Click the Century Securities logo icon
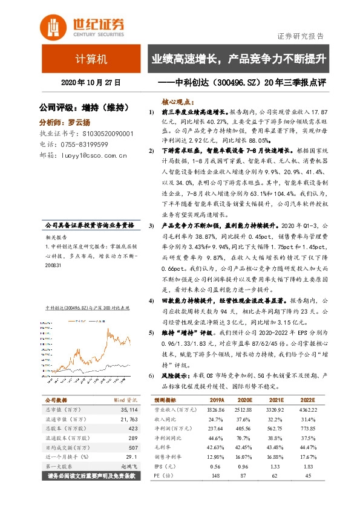tap(52, 25)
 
